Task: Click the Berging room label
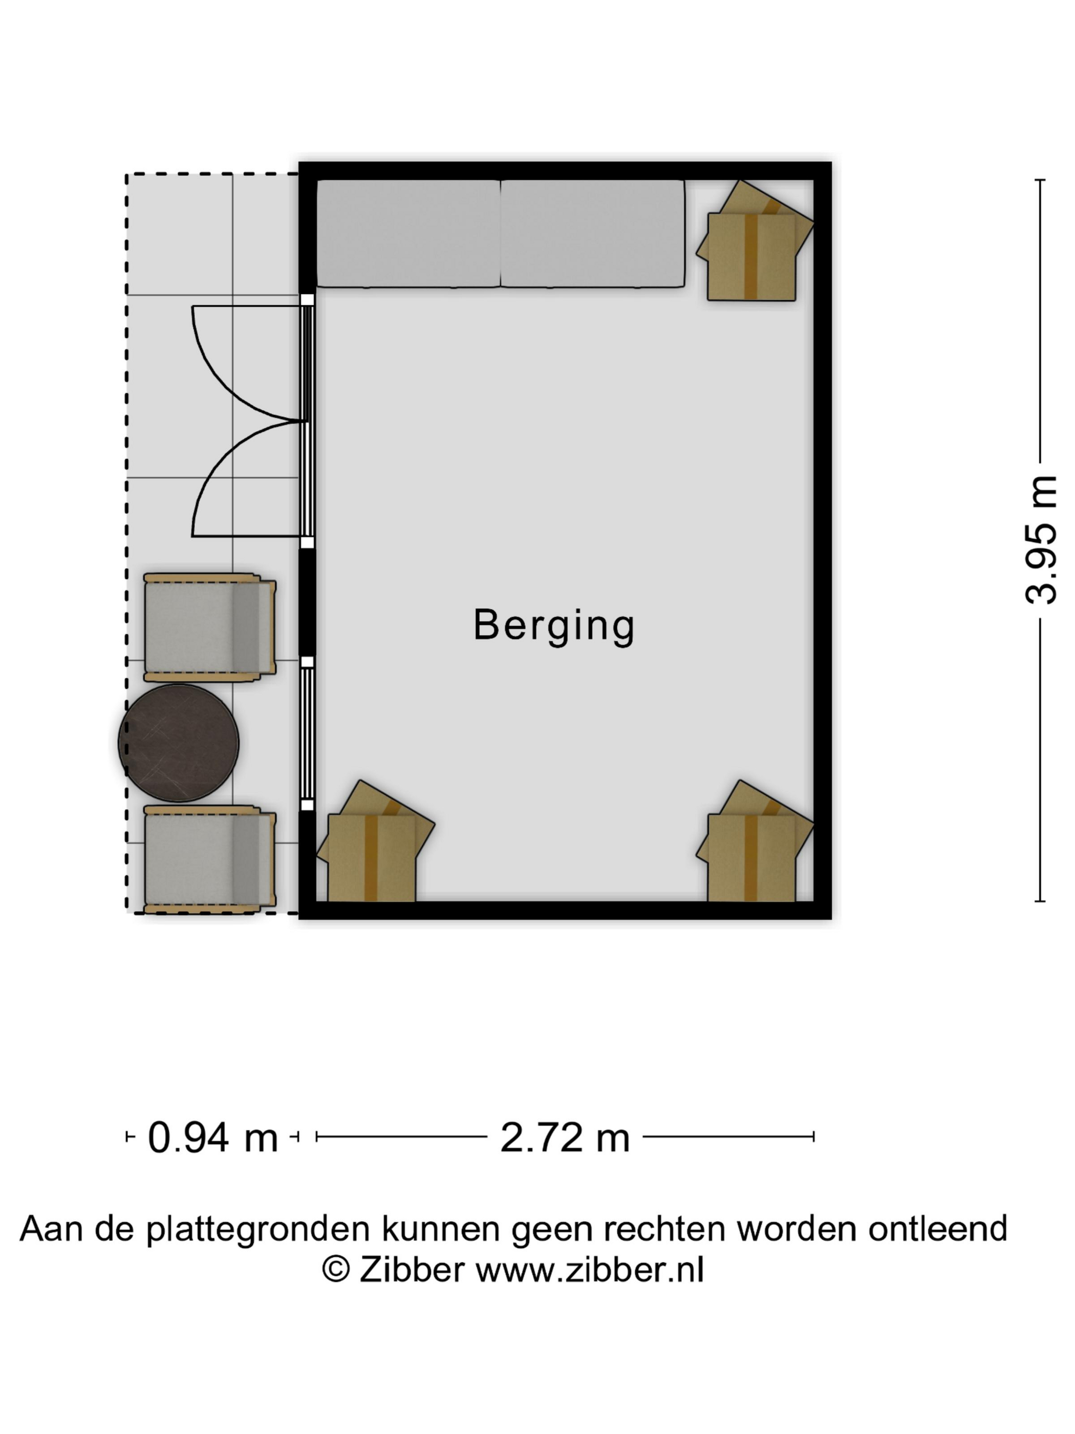[554, 626]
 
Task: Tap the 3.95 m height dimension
[1041, 540]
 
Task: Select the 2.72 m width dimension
[565, 1138]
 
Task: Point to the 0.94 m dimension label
[212, 1138]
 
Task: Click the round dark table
[179, 743]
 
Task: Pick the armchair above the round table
[209, 627]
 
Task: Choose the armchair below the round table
[209, 859]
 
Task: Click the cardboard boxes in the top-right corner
[755, 241]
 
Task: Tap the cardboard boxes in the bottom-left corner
[375, 841]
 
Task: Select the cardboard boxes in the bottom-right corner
[755, 841]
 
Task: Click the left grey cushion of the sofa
[408, 234]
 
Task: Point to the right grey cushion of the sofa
[593, 234]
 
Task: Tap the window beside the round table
[307, 733]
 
